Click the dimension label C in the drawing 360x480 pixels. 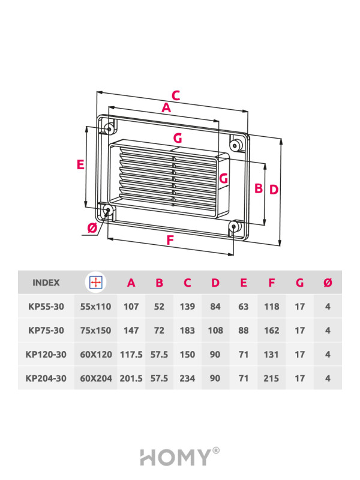(x=176, y=95)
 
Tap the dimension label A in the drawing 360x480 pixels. (x=166, y=108)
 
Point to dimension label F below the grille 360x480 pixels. (x=170, y=240)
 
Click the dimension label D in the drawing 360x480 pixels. (x=274, y=189)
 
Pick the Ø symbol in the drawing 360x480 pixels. (x=92, y=228)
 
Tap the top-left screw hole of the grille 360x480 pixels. (x=109, y=128)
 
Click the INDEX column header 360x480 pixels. (x=46, y=282)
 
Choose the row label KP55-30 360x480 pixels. (x=46, y=306)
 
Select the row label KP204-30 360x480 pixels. (x=46, y=379)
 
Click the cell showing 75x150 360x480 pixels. (x=96, y=331)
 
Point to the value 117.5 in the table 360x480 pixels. (x=131, y=355)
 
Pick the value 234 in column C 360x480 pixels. (x=187, y=379)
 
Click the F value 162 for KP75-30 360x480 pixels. (x=272, y=331)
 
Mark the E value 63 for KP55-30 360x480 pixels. (x=244, y=306)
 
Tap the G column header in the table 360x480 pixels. (x=299, y=283)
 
